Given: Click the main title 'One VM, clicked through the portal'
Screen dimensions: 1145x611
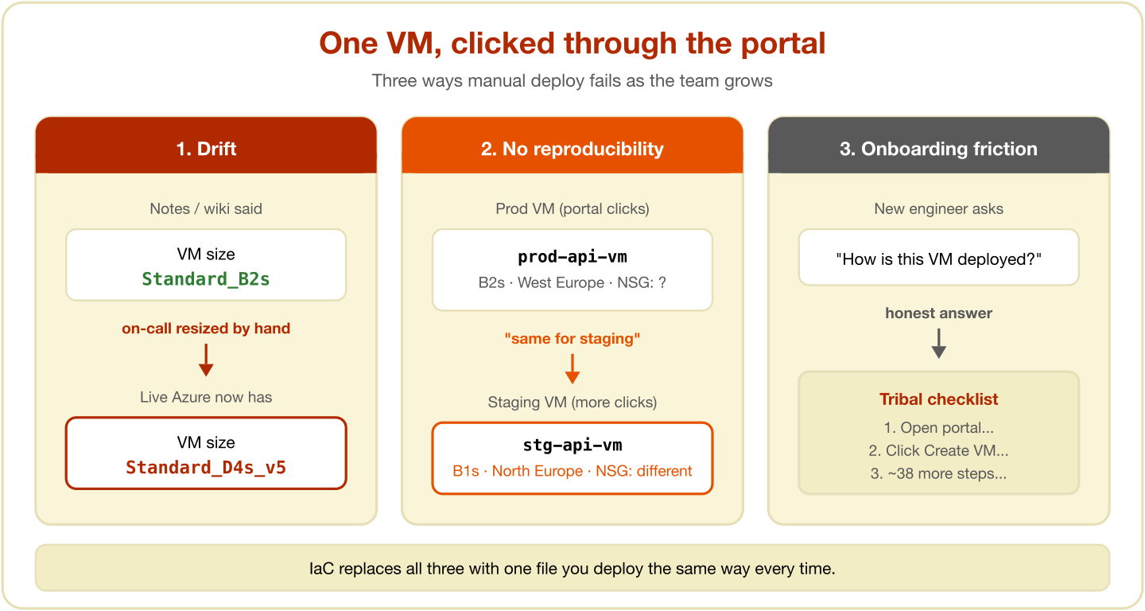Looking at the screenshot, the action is click(x=572, y=43).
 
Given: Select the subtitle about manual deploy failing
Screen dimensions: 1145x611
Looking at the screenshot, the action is click(x=572, y=81).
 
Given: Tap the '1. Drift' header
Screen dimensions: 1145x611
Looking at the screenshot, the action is click(x=206, y=149).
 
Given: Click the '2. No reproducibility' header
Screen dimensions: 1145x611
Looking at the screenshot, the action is click(x=572, y=149).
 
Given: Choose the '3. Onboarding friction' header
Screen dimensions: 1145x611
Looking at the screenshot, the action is click(x=938, y=149).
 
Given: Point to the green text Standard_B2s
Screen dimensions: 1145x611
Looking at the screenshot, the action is click(x=205, y=279).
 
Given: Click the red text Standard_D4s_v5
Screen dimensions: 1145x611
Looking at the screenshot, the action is click(x=206, y=467).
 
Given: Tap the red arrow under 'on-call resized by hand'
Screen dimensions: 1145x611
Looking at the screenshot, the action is click(x=206, y=360).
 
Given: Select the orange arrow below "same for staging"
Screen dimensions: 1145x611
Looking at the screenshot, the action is click(x=572, y=368).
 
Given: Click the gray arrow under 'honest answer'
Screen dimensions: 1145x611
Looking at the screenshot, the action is click(x=938, y=343).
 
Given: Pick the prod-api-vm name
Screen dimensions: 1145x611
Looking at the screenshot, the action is click(x=572, y=257).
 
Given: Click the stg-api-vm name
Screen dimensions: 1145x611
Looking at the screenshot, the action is click(x=572, y=445).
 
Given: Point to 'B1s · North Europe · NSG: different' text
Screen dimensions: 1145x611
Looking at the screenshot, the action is click(x=572, y=471).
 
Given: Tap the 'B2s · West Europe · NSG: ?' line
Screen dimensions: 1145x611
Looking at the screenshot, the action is click(x=572, y=282).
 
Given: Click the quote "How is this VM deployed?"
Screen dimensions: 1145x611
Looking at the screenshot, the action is click(x=938, y=259).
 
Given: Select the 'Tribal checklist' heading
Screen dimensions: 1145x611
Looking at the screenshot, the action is click(x=938, y=399).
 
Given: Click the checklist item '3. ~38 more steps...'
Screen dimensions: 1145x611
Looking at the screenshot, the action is click(x=938, y=473).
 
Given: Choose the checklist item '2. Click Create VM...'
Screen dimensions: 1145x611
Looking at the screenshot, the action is click(x=938, y=450).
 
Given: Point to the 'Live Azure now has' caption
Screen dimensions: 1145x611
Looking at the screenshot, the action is click(x=206, y=397).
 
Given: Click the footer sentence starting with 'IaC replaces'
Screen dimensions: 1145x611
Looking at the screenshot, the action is click(x=572, y=569).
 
